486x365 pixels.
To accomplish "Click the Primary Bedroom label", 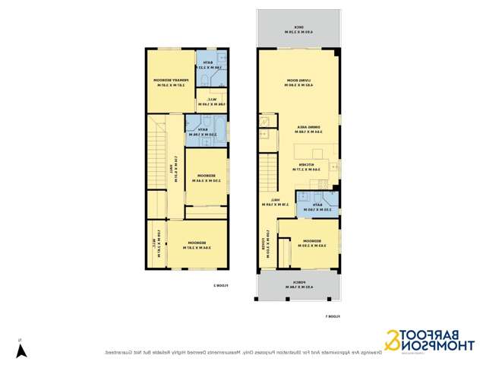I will [170, 82].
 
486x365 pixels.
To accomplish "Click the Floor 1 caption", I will [333, 316].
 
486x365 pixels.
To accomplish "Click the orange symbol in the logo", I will [392, 341].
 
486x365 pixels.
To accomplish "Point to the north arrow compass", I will [22, 351].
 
